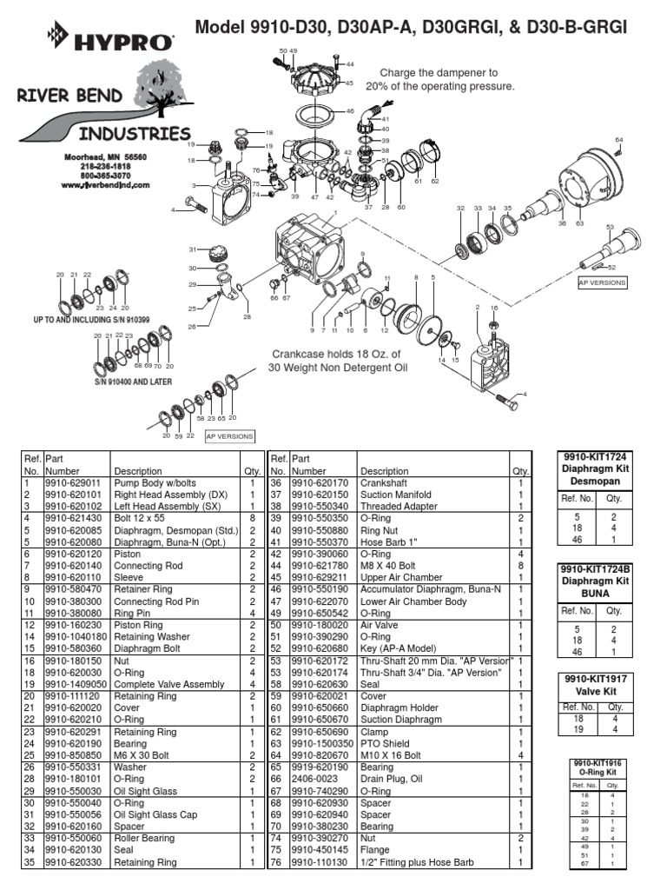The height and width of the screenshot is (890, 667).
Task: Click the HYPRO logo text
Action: tap(125, 41)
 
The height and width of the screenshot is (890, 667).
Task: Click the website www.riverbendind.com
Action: tap(105, 185)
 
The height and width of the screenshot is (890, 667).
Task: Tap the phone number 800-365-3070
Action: tap(105, 176)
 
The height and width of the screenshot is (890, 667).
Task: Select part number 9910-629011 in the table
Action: tap(73, 483)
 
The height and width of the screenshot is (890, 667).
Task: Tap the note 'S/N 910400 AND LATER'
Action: tap(133, 382)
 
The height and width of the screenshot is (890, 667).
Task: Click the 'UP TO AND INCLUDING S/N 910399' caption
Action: tap(91, 320)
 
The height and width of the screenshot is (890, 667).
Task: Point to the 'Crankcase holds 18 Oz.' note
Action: tap(335, 361)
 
